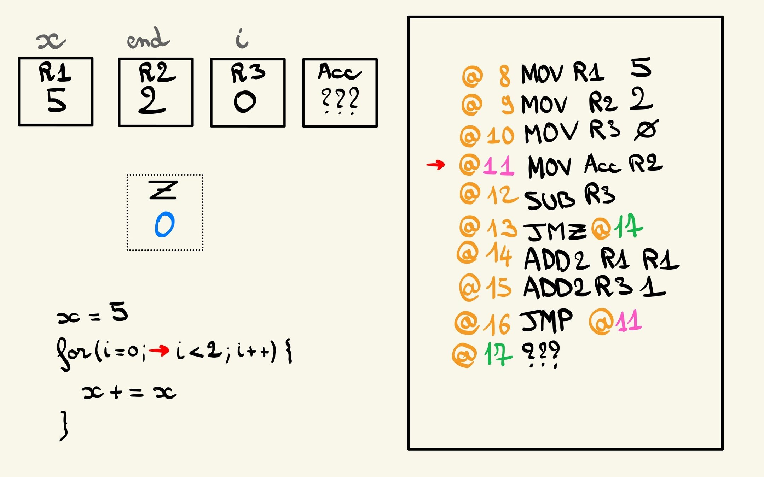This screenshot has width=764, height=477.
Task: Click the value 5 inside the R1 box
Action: [x=57, y=100]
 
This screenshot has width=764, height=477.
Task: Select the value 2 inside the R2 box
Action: [x=152, y=101]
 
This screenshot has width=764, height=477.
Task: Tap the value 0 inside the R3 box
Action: [x=245, y=102]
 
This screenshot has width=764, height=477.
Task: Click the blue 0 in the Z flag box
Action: [x=164, y=225]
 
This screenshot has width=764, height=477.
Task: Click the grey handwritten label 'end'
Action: [x=148, y=39]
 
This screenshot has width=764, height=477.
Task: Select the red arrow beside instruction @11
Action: [x=435, y=165]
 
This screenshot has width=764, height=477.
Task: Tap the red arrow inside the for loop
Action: [x=159, y=351]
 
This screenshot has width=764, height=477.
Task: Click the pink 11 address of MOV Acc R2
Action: [x=498, y=166]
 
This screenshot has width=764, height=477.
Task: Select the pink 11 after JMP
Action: [x=629, y=321]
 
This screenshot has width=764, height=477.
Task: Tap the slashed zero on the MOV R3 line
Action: [x=646, y=130]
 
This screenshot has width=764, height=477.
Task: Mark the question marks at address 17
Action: [x=541, y=354]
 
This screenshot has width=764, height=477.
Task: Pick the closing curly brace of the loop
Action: [x=64, y=426]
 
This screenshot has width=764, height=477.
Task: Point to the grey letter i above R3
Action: [x=242, y=39]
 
